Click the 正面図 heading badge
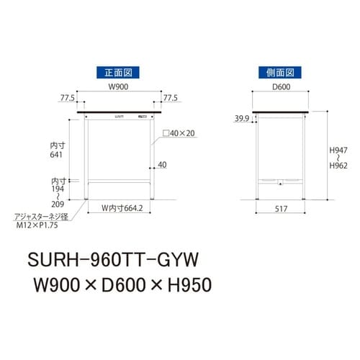pos(116,72)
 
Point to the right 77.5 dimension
pos(171,99)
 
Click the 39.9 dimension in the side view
pos(241,118)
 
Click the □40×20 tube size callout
pos(179,133)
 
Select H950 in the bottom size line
pos(186,286)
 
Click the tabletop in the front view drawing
pos(119,110)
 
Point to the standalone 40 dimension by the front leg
pos(162,165)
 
